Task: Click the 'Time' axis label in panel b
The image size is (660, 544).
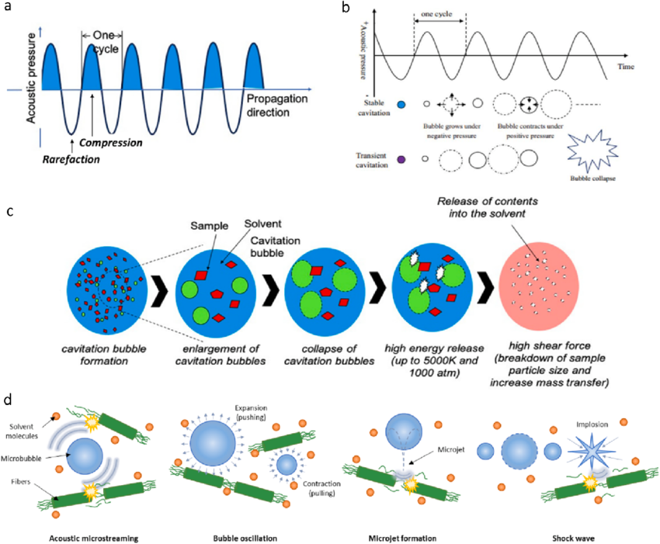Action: (x=626, y=68)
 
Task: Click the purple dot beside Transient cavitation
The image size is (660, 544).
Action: (x=401, y=159)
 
